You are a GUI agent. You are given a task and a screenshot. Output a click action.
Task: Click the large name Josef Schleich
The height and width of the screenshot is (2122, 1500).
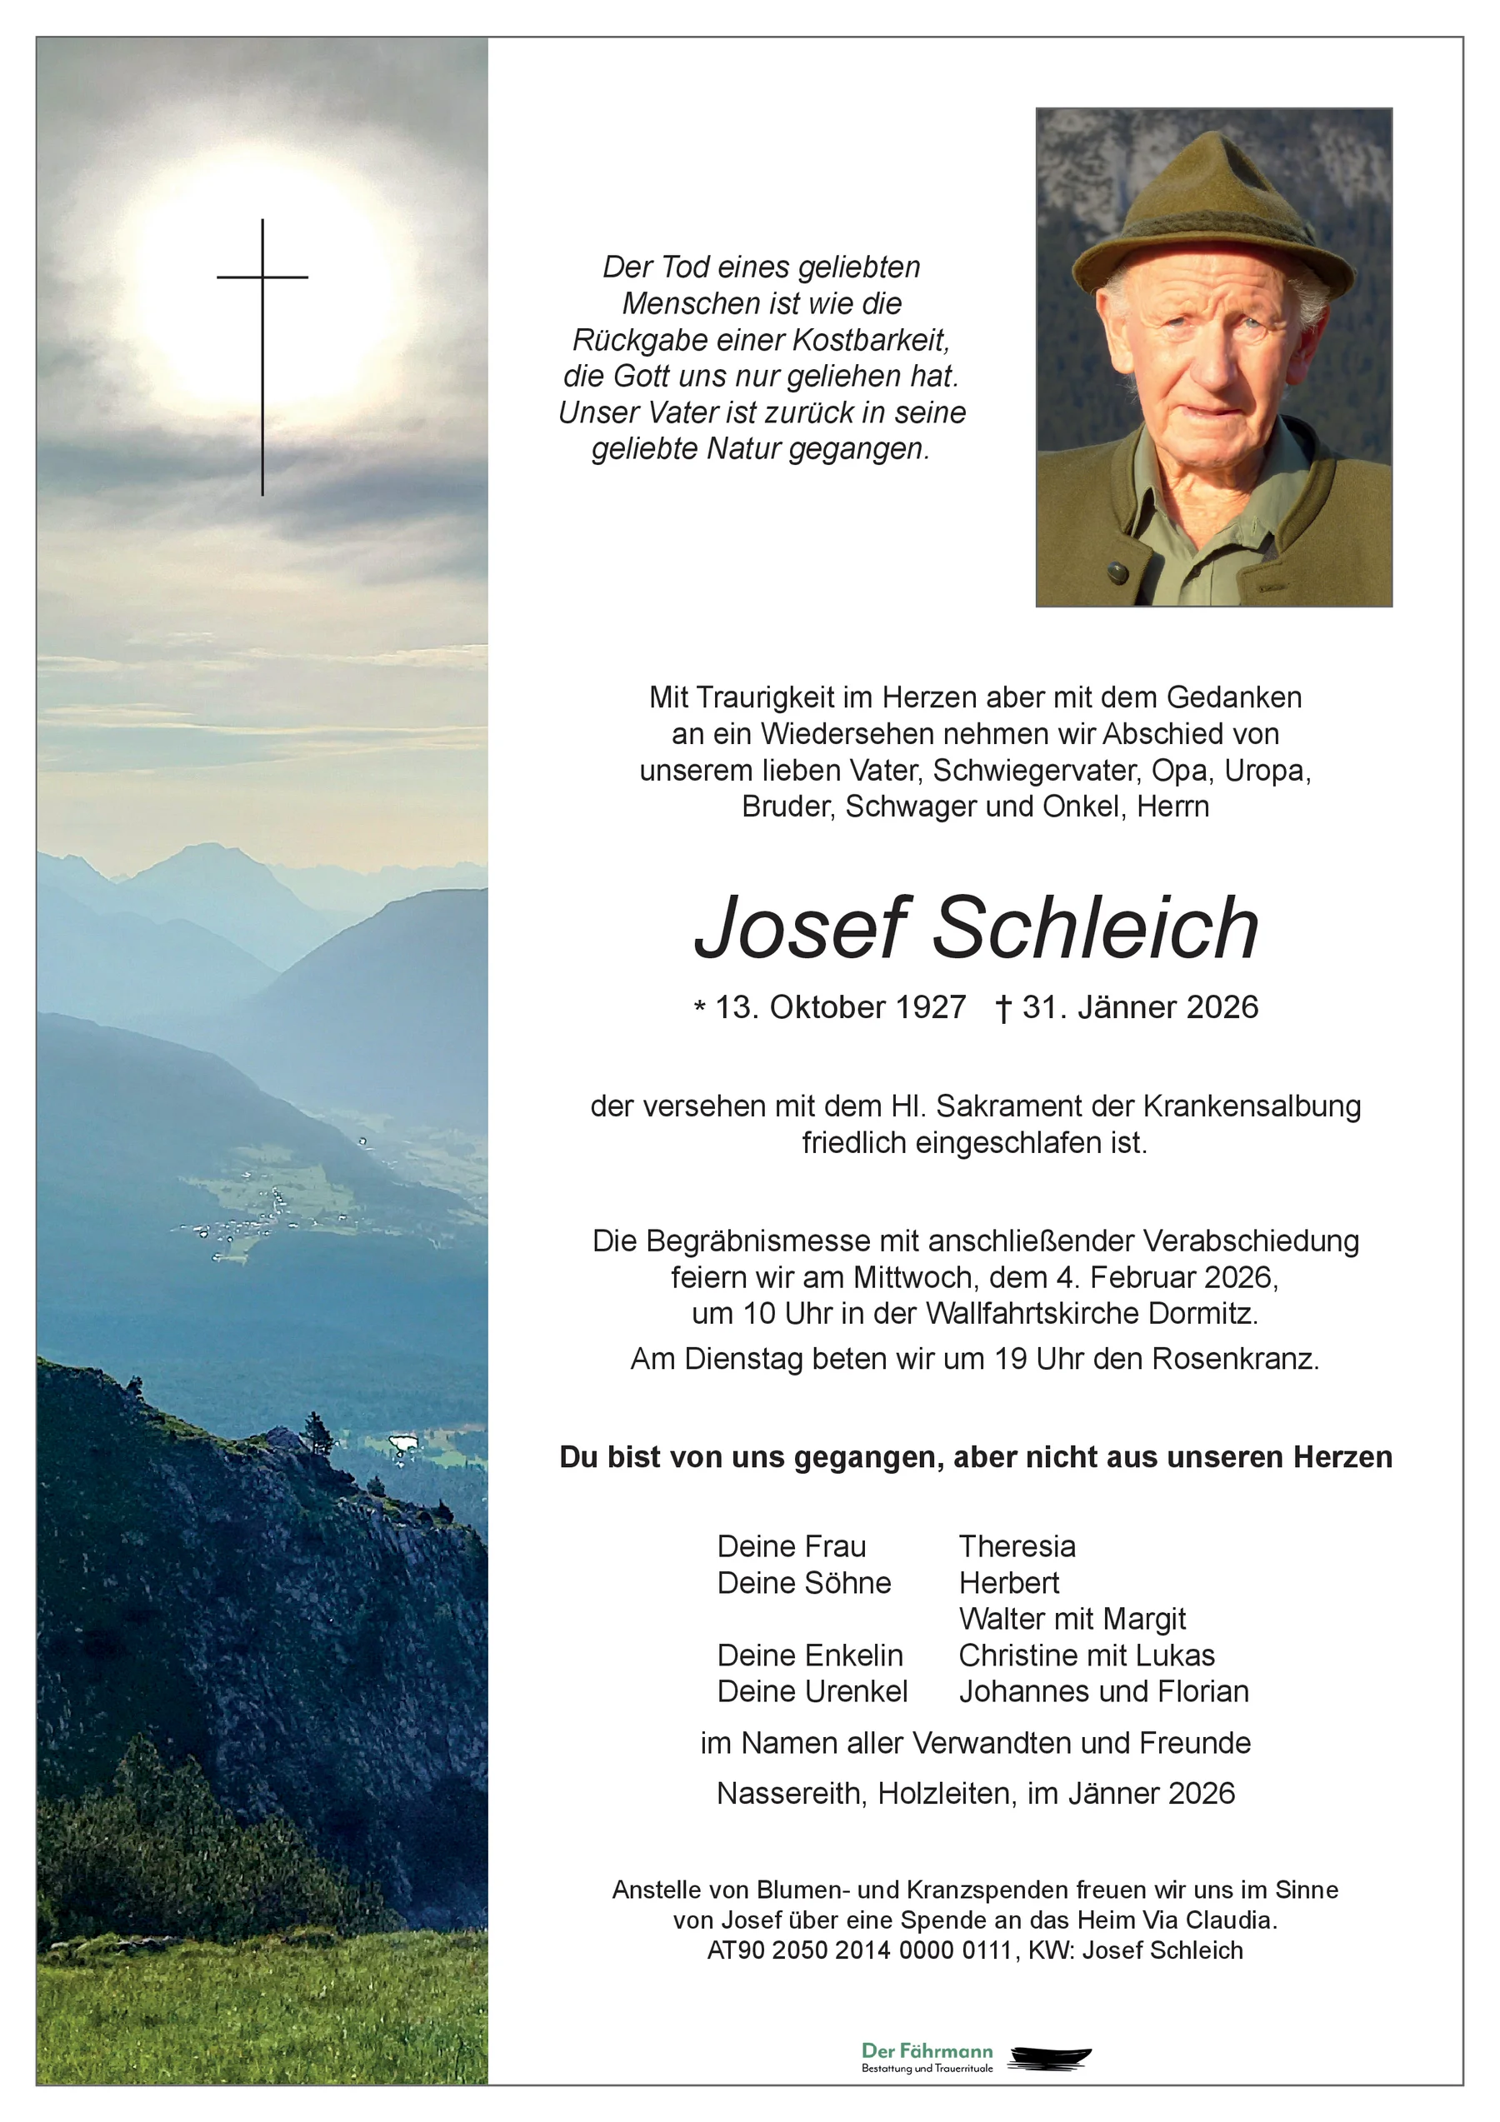975,928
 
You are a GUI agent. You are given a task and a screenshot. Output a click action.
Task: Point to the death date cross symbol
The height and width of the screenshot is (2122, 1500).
1003,1008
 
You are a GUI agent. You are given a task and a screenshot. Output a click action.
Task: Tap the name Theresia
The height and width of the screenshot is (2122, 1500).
1017,1546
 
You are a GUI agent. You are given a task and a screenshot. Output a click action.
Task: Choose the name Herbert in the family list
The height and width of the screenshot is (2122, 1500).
1008,1582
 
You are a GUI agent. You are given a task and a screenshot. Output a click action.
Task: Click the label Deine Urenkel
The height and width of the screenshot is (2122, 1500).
812,1691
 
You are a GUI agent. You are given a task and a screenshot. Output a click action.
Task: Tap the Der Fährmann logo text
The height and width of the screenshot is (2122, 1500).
927,2052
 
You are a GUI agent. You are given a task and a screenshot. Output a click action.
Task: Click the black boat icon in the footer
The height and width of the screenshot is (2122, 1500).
1050,2057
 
